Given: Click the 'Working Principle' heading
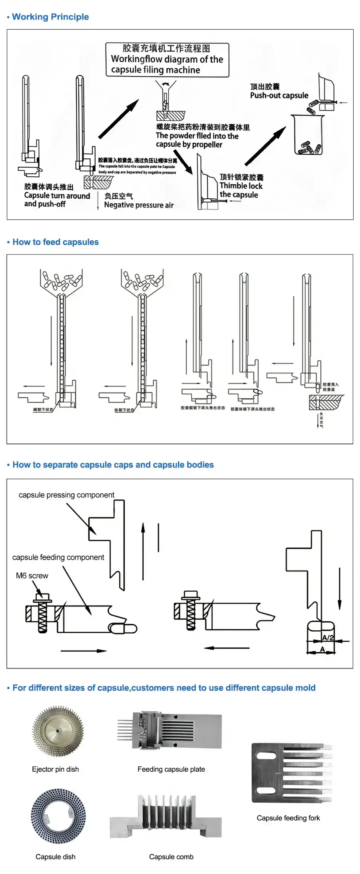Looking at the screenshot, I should tap(50, 17).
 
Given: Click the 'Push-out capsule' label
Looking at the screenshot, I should tap(279, 96).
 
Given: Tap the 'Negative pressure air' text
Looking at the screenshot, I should tap(139, 205).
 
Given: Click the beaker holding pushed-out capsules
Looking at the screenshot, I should tap(307, 136).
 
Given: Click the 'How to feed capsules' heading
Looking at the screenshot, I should tap(55, 242).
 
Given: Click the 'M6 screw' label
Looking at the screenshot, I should tap(32, 576).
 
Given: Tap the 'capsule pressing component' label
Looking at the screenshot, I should tap(66, 495).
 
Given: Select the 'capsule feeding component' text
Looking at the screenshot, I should tap(58, 557).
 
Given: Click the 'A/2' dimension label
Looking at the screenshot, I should tap(328, 637).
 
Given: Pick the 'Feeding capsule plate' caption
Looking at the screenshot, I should tap(171, 769).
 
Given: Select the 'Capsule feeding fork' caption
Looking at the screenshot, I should tap(288, 818).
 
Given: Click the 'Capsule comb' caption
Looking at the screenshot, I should tap(171, 857).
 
